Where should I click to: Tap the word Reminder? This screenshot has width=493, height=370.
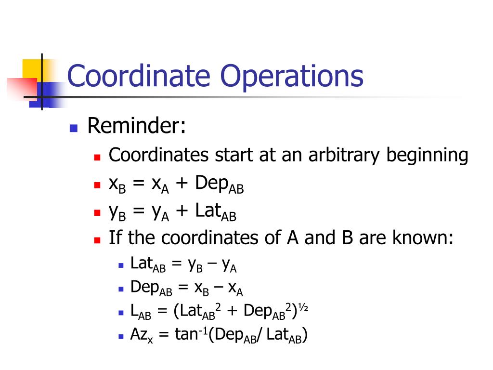136,126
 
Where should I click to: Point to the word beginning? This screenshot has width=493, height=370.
428,156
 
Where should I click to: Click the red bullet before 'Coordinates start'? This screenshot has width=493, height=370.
97,157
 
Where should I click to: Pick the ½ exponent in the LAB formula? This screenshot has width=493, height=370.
303,307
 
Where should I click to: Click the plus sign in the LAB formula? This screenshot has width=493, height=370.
232,311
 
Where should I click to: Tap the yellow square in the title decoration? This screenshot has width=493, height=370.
32,68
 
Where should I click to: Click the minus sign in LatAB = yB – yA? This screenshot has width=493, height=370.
212,264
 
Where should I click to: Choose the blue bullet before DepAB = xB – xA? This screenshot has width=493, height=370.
121,289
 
